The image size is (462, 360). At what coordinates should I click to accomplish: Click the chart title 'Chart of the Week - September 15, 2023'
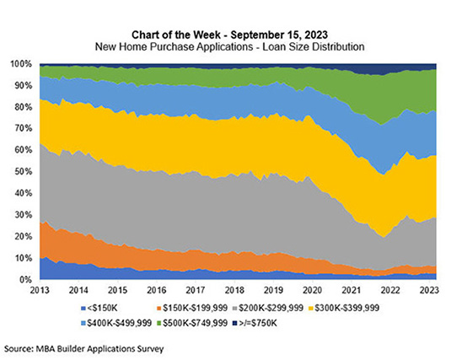pyautogui.click(x=232, y=35)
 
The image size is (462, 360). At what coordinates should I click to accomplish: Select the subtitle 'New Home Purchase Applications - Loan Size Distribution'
pyautogui.click(x=232, y=47)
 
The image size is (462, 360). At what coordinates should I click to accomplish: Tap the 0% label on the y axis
pyautogui.click(x=25, y=279)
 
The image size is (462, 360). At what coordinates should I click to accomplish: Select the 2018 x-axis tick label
pyautogui.click(x=235, y=289)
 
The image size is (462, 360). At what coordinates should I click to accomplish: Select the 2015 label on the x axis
pyautogui.click(x=118, y=289)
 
